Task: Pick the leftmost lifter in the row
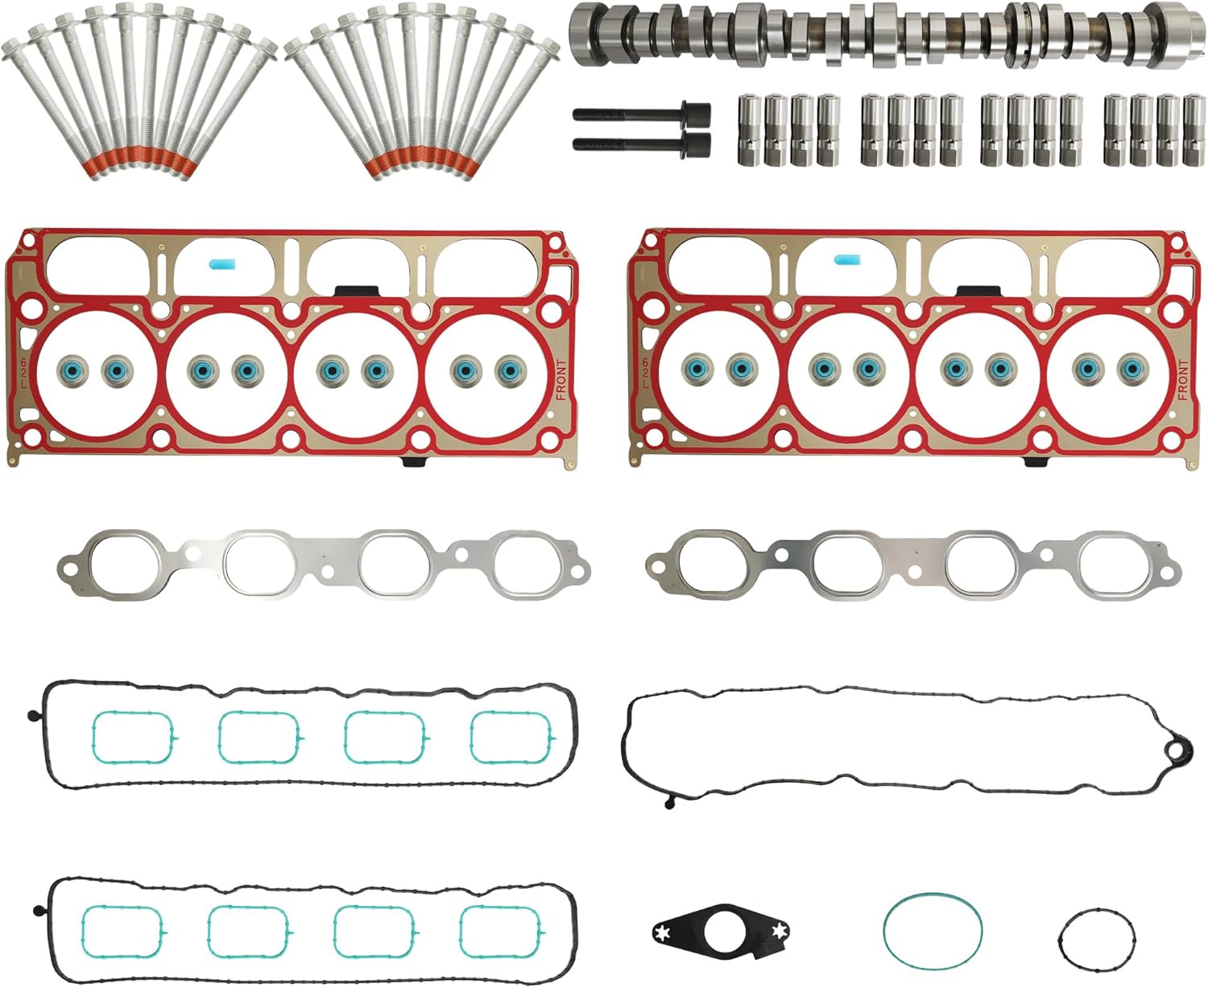point(748,131)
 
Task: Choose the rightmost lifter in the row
point(1192,131)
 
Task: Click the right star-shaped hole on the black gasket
point(778,932)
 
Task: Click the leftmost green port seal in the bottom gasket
point(122,932)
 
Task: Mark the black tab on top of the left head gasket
point(350,291)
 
